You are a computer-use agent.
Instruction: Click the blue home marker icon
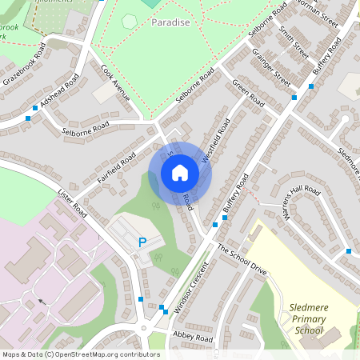click(x=180, y=172)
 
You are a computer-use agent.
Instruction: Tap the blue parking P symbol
click(x=143, y=242)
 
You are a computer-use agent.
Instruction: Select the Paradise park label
click(x=170, y=22)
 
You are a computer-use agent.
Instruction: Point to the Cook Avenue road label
click(x=115, y=82)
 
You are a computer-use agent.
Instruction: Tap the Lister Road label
click(x=72, y=201)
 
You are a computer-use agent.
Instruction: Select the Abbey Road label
click(x=193, y=338)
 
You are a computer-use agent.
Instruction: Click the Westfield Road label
click(x=215, y=141)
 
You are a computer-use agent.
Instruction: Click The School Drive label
click(x=242, y=260)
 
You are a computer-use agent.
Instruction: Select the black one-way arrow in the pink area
click(x=39, y=302)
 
